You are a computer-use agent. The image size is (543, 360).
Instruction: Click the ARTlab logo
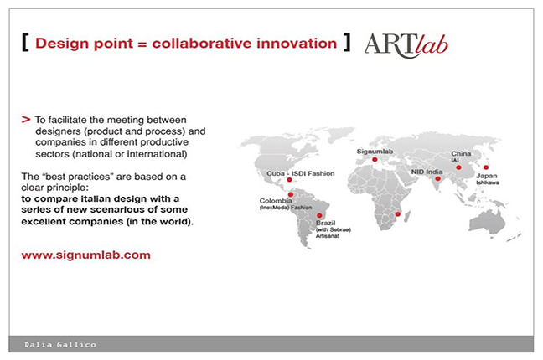coord(406,46)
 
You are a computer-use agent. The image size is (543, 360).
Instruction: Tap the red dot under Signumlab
coord(375,160)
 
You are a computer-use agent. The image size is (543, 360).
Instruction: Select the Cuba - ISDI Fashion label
coord(300,173)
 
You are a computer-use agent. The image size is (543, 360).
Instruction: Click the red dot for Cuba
coord(289,180)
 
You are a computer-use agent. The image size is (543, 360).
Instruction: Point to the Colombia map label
coord(286,204)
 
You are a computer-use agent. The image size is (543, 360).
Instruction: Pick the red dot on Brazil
coord(319,216)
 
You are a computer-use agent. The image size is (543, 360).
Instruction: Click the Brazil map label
coord(334,229)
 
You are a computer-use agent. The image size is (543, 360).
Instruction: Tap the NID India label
coord(427,172)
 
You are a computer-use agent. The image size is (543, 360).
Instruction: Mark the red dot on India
coord(437,178)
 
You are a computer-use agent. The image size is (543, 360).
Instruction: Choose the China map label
coord(461,157)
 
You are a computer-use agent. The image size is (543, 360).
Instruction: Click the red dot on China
coord(458,167)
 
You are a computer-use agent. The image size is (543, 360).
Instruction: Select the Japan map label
coord(487,179)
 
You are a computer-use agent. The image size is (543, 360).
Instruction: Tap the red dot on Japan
coord(486,167)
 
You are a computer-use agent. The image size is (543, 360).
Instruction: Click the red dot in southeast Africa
coord(398,214)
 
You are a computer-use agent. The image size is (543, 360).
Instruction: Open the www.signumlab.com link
coord(85,255)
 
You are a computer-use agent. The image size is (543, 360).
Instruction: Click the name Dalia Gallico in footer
coord(59,344)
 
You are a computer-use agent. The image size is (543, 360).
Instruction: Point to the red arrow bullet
coord(26,120)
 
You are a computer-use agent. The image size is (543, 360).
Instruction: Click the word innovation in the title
coord(297,44)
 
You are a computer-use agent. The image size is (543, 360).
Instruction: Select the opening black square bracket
coord(25,43)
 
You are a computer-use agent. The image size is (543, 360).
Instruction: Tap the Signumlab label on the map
coord(375,152)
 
